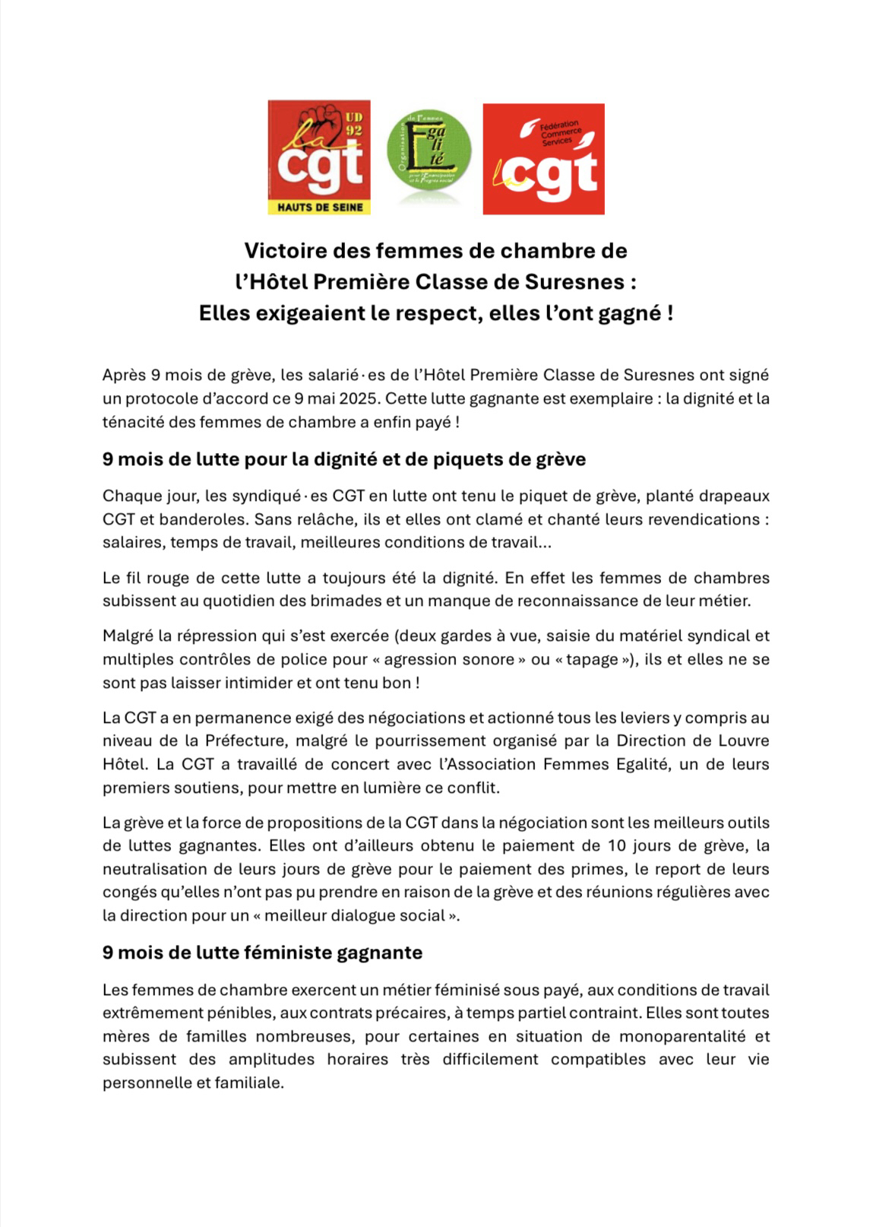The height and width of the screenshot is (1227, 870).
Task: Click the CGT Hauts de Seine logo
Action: click(319, 157)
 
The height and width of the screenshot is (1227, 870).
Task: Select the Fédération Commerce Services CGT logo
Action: click(543, 159)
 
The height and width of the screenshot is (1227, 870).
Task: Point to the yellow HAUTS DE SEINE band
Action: click(319, 207)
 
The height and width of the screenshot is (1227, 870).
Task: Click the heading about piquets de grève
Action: click(344, 459)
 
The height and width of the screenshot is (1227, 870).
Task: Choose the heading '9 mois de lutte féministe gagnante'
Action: click(262, 952)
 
